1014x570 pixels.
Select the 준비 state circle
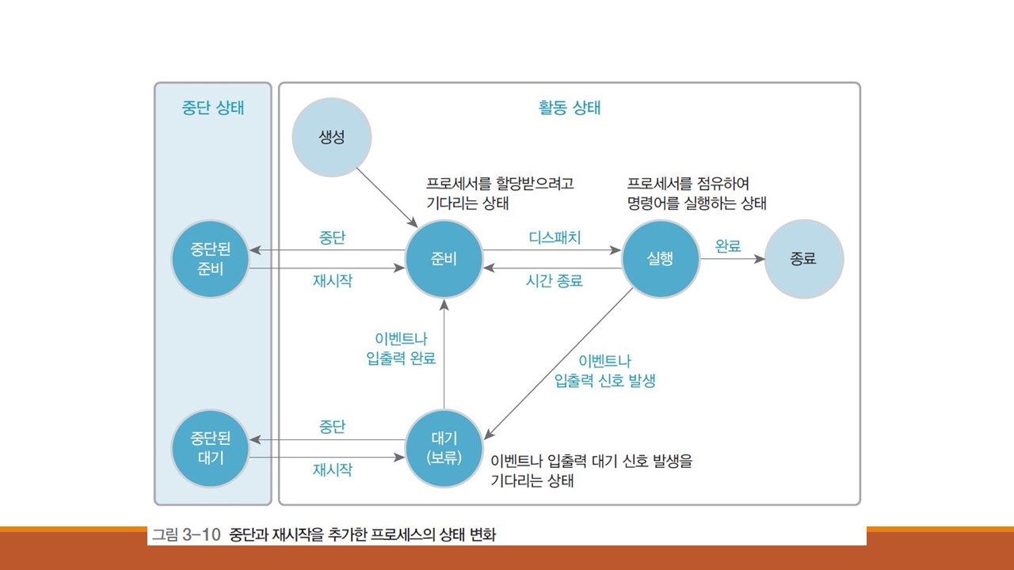click(444, 259)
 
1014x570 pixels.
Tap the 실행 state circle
click(661, 259)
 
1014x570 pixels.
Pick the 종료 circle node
click(803, 259)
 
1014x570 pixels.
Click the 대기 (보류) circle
click(444, 448)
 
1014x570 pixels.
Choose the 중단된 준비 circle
click(211, 259)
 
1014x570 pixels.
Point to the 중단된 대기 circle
click(211, 448)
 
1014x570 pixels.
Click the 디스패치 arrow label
click(555, 237)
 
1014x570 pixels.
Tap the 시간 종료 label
click(555, 280)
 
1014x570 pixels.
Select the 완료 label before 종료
click(728, 245)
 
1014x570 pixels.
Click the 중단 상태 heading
click(212, 108)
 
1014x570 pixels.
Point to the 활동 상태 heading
click(569, 108)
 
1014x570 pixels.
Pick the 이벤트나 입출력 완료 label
click(395, 349)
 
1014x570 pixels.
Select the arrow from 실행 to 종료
click(733, 259)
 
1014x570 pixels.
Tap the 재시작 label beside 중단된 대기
click(333, 469)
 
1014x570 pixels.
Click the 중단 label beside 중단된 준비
click(333, 237)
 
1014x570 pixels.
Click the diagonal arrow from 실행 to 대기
click(558, 363)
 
